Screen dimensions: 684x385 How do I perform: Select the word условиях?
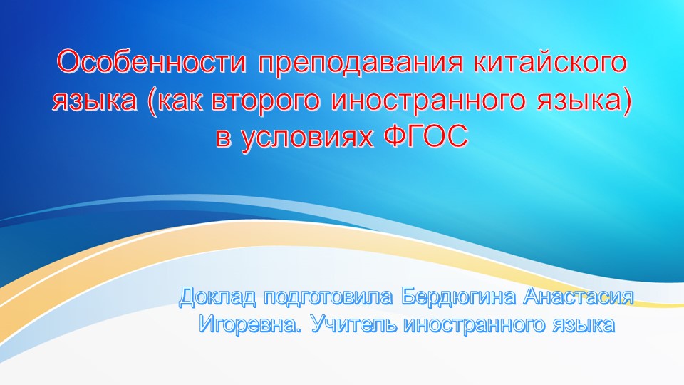pyautogui.click(x=308, y=138)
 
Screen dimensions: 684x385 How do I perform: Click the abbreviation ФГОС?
pyautogui.click(x=427, y=137)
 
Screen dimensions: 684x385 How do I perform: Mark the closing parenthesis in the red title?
pyautogui.click(x=626, y=102)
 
